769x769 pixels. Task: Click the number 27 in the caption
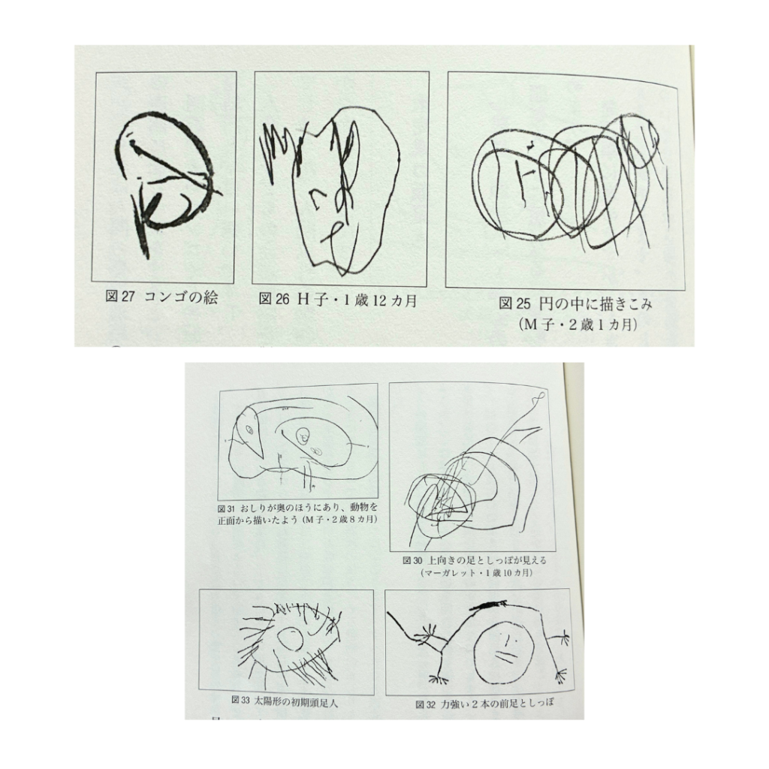point(128,297)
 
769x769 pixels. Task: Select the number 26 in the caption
point(282,299)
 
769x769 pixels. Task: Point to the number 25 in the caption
point(523,304)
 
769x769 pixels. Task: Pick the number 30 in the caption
point(418,560)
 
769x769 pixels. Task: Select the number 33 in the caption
point(246,700)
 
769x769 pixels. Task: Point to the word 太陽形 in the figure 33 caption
point(267,701)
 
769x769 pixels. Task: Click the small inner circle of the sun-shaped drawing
point(291,639)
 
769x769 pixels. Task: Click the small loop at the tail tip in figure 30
point(539,395)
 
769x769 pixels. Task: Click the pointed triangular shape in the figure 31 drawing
point(251,433)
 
